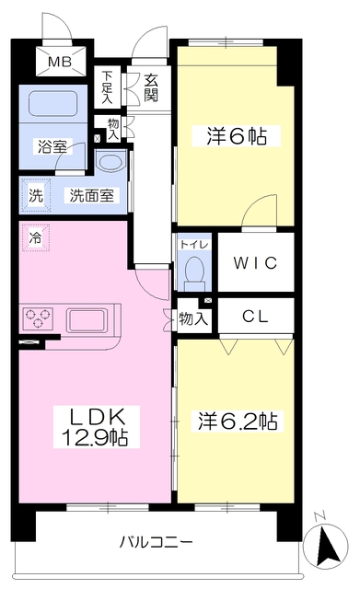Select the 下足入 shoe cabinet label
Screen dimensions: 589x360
point(108,86)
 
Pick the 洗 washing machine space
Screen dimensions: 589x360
point(35,195)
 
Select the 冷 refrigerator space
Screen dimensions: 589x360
point(35,237)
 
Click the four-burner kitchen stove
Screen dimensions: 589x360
point(39,318)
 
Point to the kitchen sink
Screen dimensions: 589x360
point(87,321)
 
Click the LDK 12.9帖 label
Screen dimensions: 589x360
point(94,424)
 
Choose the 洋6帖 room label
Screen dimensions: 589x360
point(236,136)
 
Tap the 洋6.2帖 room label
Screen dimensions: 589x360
point(236,421)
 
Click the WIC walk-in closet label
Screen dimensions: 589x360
point(256,262)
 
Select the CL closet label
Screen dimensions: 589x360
point(255,316)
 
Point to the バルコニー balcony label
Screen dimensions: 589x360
point(156,540)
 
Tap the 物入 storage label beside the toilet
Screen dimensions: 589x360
point(192,318)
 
